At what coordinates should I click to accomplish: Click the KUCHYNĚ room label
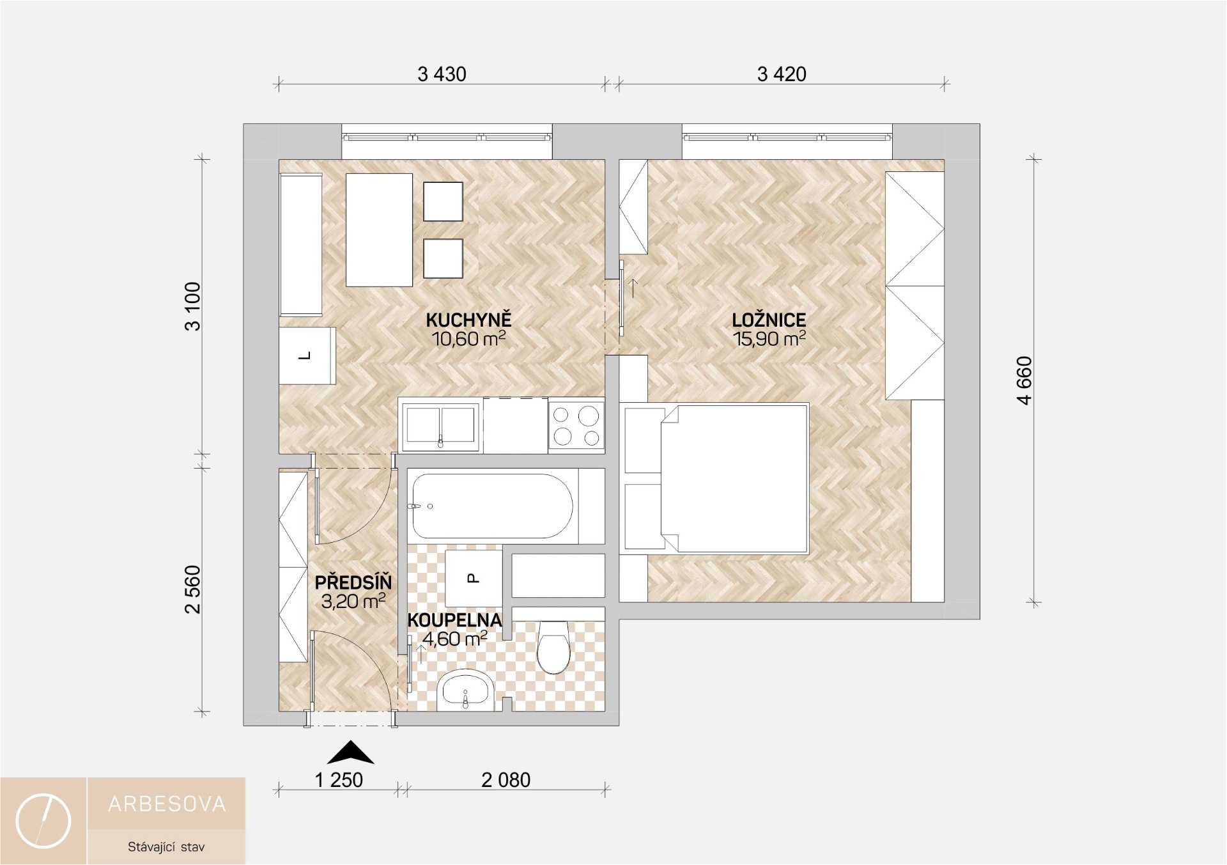469,320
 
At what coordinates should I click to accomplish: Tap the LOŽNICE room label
769,320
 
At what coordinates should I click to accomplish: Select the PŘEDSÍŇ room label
353,582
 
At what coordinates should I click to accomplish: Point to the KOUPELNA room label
454,620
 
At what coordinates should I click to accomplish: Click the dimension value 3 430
442,74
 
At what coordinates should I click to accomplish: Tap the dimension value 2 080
506,780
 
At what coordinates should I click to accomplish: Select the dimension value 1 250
339,780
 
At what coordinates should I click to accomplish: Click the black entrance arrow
350,753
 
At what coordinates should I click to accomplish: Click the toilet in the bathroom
554,646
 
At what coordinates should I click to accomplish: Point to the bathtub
493,506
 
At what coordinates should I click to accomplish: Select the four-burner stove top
576,425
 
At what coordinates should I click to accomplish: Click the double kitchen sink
439,425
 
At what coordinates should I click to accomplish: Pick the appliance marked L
307,355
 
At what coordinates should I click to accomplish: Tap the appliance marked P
474,579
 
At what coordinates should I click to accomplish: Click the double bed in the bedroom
716,478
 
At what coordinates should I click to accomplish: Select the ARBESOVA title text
167,804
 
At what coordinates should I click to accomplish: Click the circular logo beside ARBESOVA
43,821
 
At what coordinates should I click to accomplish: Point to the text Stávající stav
166,847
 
